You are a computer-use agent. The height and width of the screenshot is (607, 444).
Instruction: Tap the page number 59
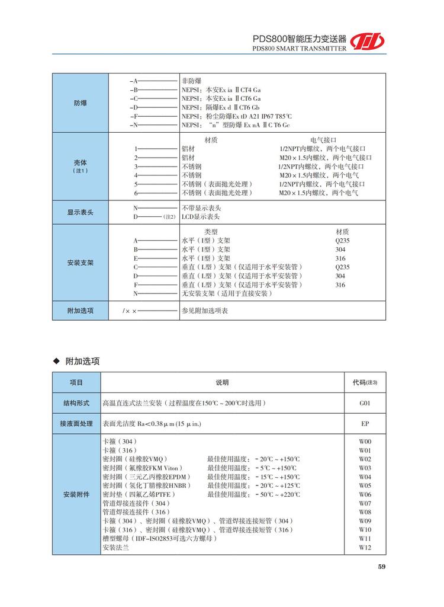[382, 567]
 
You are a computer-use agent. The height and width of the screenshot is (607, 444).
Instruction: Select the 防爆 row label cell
[81, 103]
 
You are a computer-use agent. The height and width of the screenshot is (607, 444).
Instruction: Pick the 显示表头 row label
[81, 212]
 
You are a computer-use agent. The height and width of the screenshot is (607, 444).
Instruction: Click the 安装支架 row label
[81, 262]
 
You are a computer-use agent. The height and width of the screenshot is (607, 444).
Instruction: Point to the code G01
[365, 403]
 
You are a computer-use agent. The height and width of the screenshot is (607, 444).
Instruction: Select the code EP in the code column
[365, 424]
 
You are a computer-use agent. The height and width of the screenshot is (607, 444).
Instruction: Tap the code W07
[365, 503]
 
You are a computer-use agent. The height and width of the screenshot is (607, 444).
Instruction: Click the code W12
[365, 548]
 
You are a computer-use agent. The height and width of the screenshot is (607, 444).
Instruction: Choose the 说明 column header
[222, 382]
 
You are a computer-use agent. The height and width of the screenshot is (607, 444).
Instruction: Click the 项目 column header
[76, 382]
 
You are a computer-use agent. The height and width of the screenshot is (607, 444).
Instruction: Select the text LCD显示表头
[201, 217]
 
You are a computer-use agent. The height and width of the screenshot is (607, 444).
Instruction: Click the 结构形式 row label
[76, 403]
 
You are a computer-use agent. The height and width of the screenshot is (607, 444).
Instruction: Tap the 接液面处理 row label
[76, 424]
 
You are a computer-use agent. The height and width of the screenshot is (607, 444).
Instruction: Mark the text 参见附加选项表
[204, 310]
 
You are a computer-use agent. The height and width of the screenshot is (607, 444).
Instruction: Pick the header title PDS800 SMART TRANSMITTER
[298, 49]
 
